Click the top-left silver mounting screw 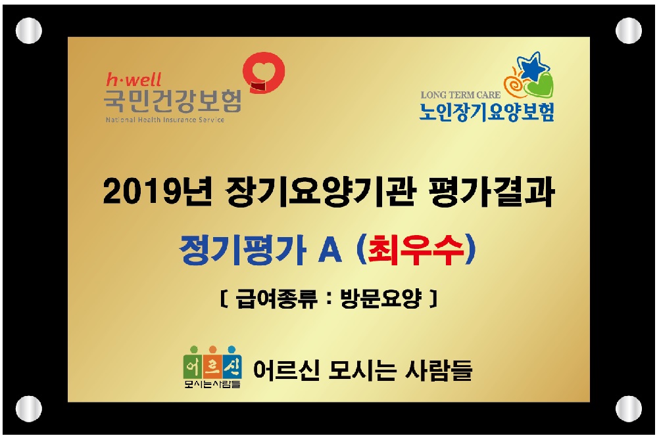(28, 30)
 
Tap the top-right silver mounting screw (628, 30)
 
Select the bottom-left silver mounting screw (28, 408)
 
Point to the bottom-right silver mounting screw (628, 408)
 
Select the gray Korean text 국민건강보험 (172, 102)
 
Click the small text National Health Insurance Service (164, 120)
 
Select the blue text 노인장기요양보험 (487, 112)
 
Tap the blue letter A (331, 250)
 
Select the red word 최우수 (411, 250)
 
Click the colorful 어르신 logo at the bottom (212, 365)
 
